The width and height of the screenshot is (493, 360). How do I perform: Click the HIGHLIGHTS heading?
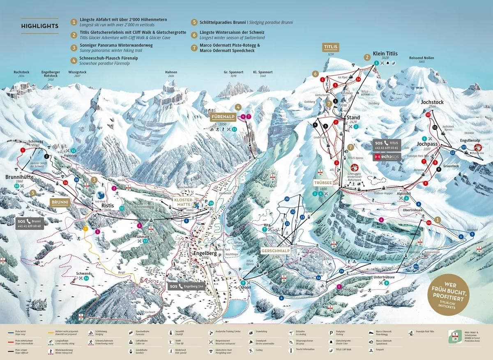[39, 26]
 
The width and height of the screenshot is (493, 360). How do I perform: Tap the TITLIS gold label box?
[330, 47]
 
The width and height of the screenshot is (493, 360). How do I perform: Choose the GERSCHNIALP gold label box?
[275, 251]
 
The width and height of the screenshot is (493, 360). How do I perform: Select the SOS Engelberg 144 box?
[186, 286]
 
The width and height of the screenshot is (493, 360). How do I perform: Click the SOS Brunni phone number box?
[29, 224]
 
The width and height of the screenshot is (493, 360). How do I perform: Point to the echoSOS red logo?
[386, 157]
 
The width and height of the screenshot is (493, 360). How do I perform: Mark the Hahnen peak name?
[171, 72]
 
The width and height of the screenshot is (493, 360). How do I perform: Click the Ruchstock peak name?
[21, 72]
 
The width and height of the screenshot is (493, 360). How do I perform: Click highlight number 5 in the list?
[194, 22]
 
